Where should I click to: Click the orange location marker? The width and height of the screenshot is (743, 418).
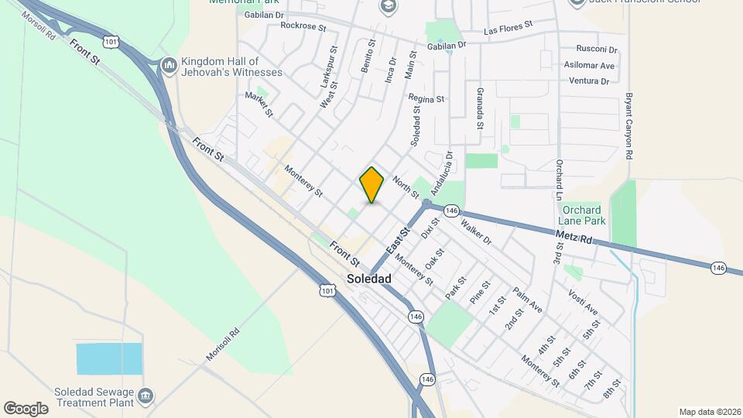coord(372,185)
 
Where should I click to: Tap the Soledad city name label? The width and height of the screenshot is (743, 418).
coord(369,279)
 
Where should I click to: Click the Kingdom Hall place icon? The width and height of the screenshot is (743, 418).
coord(169,67)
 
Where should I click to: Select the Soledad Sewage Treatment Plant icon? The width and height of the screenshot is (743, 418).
coord(145,398)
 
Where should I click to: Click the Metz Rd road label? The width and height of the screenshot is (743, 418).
coord(574,236)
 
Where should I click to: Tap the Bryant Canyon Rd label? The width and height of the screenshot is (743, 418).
coord(629,128)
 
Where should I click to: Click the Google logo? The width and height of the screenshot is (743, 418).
coord(26,408)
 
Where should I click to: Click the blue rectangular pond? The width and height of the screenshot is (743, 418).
coord(109,358)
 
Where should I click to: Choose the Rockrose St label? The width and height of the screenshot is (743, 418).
coord(304,26)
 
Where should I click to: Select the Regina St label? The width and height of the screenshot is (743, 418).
coord(427,99)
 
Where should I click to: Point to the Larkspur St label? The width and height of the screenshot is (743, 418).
coord(329,66)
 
